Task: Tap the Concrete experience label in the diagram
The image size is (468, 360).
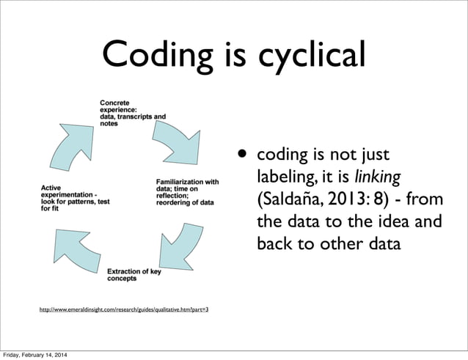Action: [133, 112]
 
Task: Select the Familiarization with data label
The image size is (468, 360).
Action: [187, 191]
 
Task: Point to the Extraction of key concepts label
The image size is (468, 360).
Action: [134, 275]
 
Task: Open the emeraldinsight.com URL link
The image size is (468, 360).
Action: [123, 310]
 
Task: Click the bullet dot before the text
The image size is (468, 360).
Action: [241, 154]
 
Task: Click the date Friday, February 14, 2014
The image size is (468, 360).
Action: [37, 356]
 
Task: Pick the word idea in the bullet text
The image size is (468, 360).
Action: [380, 221]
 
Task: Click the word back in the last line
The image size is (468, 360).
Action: [273, 243]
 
